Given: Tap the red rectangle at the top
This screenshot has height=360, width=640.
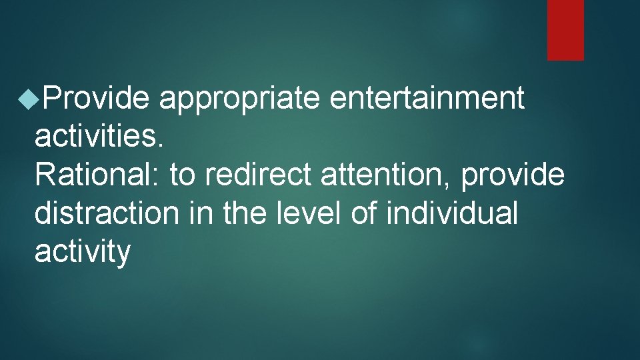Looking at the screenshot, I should [x=565, y=30].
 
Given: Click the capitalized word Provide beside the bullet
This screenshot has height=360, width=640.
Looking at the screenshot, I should [x=95, y=99].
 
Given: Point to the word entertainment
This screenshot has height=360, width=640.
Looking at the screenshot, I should [x=427, y=99].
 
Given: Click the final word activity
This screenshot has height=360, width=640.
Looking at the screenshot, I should [x=82, y=253].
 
